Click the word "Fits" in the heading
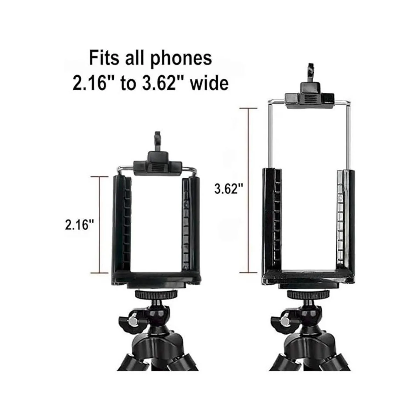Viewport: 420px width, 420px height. click(104, 58)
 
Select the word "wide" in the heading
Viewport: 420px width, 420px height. click(209, 83)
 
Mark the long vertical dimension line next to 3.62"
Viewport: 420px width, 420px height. click(248, 190)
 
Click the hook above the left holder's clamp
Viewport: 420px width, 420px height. click(157, 141)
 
